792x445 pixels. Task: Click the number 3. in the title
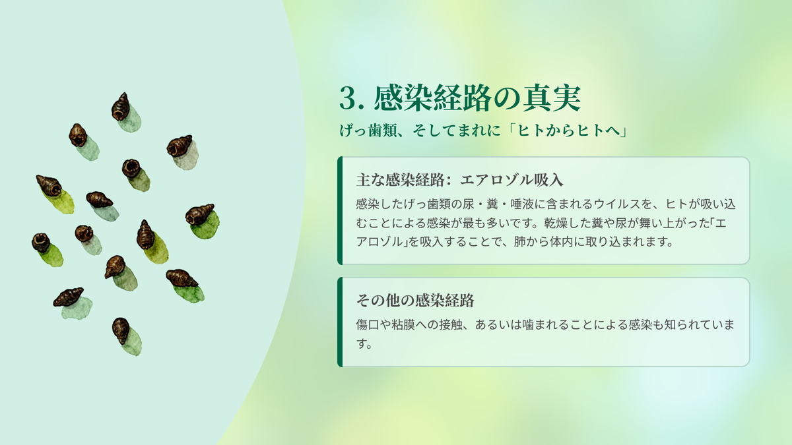point(352,98)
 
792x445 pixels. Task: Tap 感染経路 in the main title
point(433,98)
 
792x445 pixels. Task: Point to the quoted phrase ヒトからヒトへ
point(568,131)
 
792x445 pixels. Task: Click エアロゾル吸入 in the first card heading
point(511,180)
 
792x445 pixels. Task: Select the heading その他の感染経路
point(415,301)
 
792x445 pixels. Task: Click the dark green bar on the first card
point(340,210)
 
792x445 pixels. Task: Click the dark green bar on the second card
point(340,322)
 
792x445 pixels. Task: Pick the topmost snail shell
point(121,107)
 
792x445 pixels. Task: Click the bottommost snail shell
point(121,330)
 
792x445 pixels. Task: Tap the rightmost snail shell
point(200,214)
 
